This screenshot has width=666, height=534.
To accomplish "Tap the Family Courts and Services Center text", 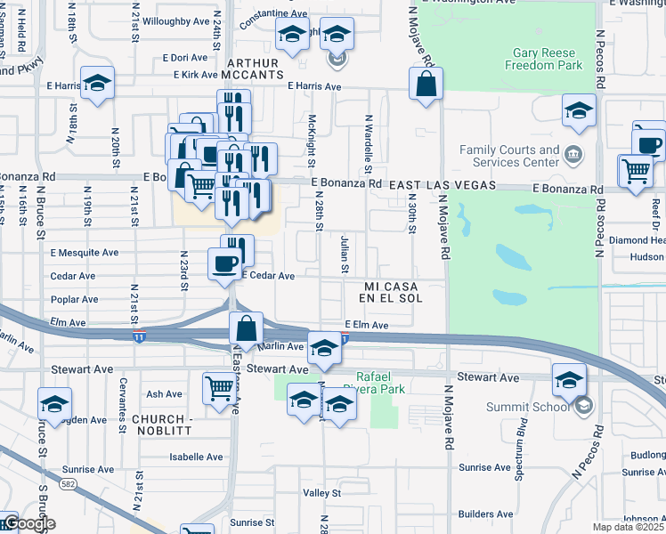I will pyautogui.click(x=509, y=157).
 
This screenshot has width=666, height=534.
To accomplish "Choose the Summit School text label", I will pyautogui.click(x=527, y=408).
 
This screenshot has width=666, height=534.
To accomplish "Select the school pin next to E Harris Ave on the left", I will pyautogui.click(x=97, y=85).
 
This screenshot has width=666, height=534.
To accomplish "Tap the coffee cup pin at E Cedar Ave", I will pyautogui.click(x=224, y=263).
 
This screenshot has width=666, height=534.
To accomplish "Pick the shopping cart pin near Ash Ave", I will pyautogui.click(x=219, y=388).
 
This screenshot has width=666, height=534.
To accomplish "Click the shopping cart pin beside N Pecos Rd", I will pyautogui.click(x=636, y=169).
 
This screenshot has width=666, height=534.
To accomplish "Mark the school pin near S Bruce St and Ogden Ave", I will pyautogui.click(x=54, y=405).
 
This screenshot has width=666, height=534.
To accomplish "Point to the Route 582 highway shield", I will pyautogui.click(x=67, y=483).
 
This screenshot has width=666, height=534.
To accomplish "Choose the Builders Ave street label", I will pyautogui.click(x=486, y=514).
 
